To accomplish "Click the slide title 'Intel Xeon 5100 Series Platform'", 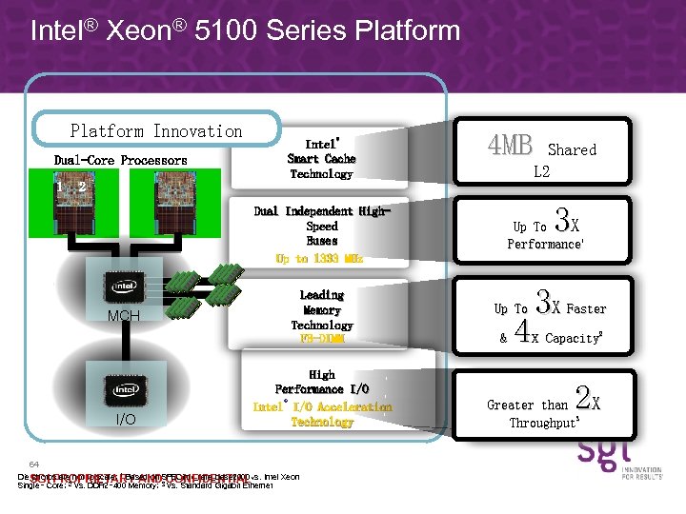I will click(245, 30).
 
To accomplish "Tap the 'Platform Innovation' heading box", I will click(156, 131).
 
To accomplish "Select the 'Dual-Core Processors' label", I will click(121, 160).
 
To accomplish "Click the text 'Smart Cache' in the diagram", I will click(321, 159).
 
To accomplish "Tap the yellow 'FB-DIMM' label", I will click(321, 340).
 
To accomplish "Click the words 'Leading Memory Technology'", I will click(321, 310).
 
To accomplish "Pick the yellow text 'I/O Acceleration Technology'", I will click(322, 414).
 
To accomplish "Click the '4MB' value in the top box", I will click(510, 146).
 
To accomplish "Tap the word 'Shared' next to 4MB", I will click(572, 149).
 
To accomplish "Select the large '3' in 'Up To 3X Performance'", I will click(562, 224).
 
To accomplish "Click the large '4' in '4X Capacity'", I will click(521, 333).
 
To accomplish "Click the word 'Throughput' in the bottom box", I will click(544, 423).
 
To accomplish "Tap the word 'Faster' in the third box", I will click(586, 308).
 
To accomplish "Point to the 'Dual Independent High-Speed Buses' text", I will click(321, 226).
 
